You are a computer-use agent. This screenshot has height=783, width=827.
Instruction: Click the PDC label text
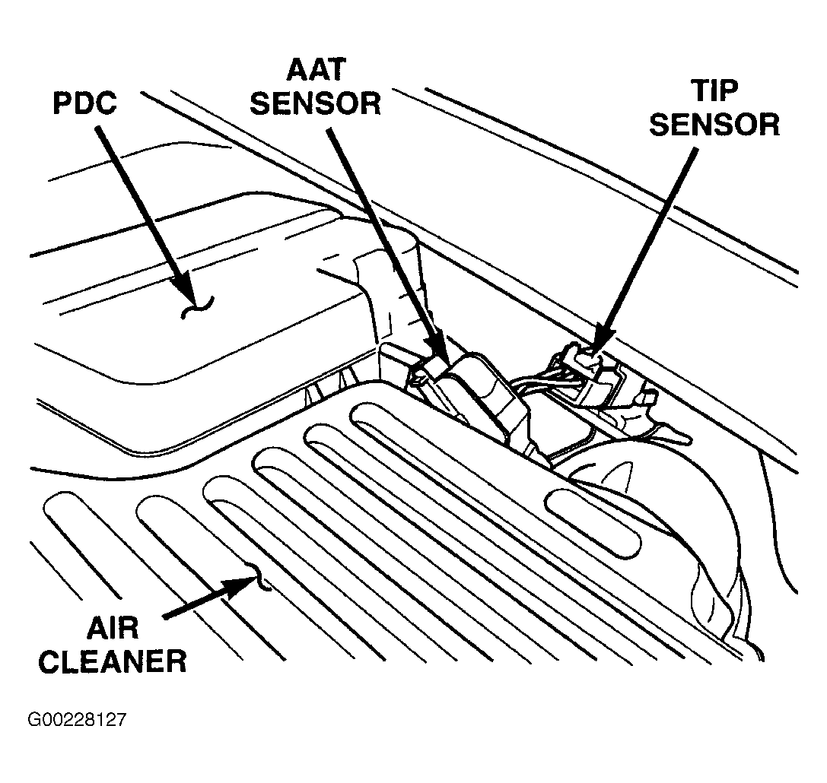(x=84, y=103)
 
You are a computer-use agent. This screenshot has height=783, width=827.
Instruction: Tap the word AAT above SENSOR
(x=316, y=69)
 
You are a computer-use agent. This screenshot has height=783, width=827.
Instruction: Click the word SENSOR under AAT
(x=316, y=103)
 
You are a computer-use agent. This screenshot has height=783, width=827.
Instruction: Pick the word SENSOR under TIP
(x=714, y=125)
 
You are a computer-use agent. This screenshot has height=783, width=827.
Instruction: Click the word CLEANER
(x=113, y=661)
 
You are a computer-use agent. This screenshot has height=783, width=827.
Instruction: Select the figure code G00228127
(x=77, y=720)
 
